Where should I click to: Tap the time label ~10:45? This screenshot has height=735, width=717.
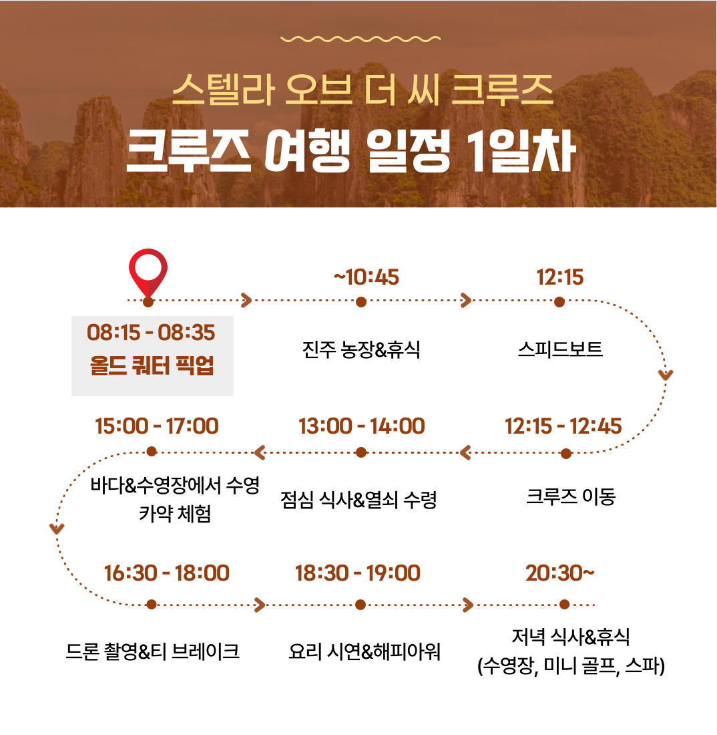click(367, 277)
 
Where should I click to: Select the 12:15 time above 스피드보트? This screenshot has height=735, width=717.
click(559, 277)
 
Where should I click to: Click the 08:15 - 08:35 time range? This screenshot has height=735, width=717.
click(151, 332)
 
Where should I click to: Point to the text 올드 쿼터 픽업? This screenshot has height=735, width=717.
click(152, 365)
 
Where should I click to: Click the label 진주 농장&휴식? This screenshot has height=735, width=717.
click(361, 349)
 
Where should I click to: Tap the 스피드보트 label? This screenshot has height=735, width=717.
click(560, 349)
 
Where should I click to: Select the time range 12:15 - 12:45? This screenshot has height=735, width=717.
click(563, 426)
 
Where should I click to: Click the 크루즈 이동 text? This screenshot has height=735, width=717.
click(571, 496)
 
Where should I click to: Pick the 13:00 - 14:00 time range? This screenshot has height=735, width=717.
click(362, 426)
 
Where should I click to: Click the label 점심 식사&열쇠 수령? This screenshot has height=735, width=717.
click(358, 500)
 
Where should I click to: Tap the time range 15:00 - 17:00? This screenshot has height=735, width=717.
click(156, 426)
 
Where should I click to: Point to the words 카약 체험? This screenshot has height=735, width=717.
click(175, 514)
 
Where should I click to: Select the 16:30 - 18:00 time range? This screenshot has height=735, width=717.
click(166, 573)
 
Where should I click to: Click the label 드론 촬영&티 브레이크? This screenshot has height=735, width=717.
click(153, 651)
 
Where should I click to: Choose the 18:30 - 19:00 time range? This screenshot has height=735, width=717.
click(358, 573)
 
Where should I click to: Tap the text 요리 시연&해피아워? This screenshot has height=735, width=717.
click(365, 651)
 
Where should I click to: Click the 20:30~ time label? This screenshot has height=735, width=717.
click(559, 573)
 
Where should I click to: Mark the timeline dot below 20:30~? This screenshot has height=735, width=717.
click(564, 605)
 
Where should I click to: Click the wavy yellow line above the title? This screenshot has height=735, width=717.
click(361, 39)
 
